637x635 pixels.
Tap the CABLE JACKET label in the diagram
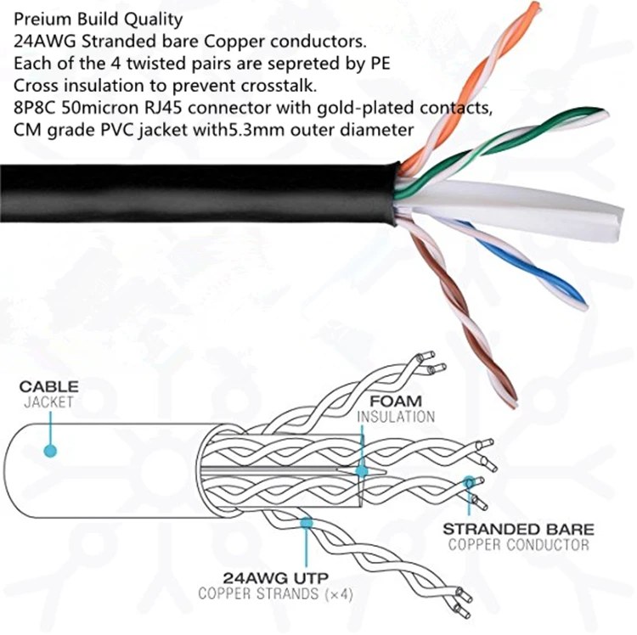[x=48, y=394]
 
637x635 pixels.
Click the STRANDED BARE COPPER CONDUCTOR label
[x=518, y=536]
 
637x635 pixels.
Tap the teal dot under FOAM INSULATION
[x=362, y=469]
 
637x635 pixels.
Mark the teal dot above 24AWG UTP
[x=306, y=525]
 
